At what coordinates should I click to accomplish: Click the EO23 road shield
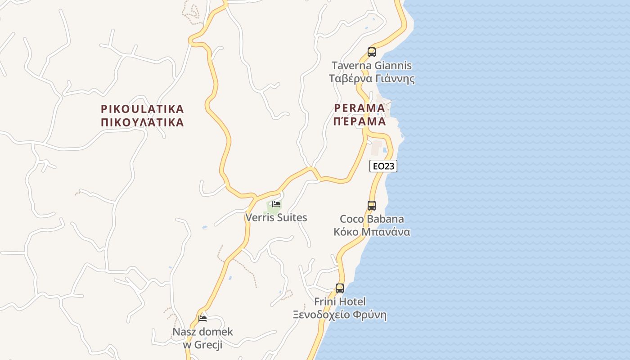[383, 166]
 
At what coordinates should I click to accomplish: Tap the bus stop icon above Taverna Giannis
[372, 52]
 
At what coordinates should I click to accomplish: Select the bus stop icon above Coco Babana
[372, 206]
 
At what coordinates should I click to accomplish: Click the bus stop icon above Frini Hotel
[340, 288]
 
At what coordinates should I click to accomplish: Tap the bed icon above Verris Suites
[276, 204]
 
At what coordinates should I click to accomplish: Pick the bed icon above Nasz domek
[202, 319]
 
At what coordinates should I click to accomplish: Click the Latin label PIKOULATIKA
[142, 109]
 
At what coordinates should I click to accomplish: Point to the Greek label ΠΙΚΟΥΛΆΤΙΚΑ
[142, 122]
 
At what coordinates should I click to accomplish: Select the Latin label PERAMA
[360, 108]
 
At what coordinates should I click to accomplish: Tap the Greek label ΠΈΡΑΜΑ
[360, 121]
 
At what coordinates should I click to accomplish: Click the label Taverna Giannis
[372, 66]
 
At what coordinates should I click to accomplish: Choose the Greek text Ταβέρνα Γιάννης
[372, 79]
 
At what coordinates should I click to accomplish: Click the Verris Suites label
[276, 218]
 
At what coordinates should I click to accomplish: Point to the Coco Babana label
[372, 219]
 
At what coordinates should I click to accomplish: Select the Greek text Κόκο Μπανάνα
[372, 232]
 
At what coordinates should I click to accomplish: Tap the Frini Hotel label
[340, 301]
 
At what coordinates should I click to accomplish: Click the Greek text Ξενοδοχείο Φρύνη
[340, 315]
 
